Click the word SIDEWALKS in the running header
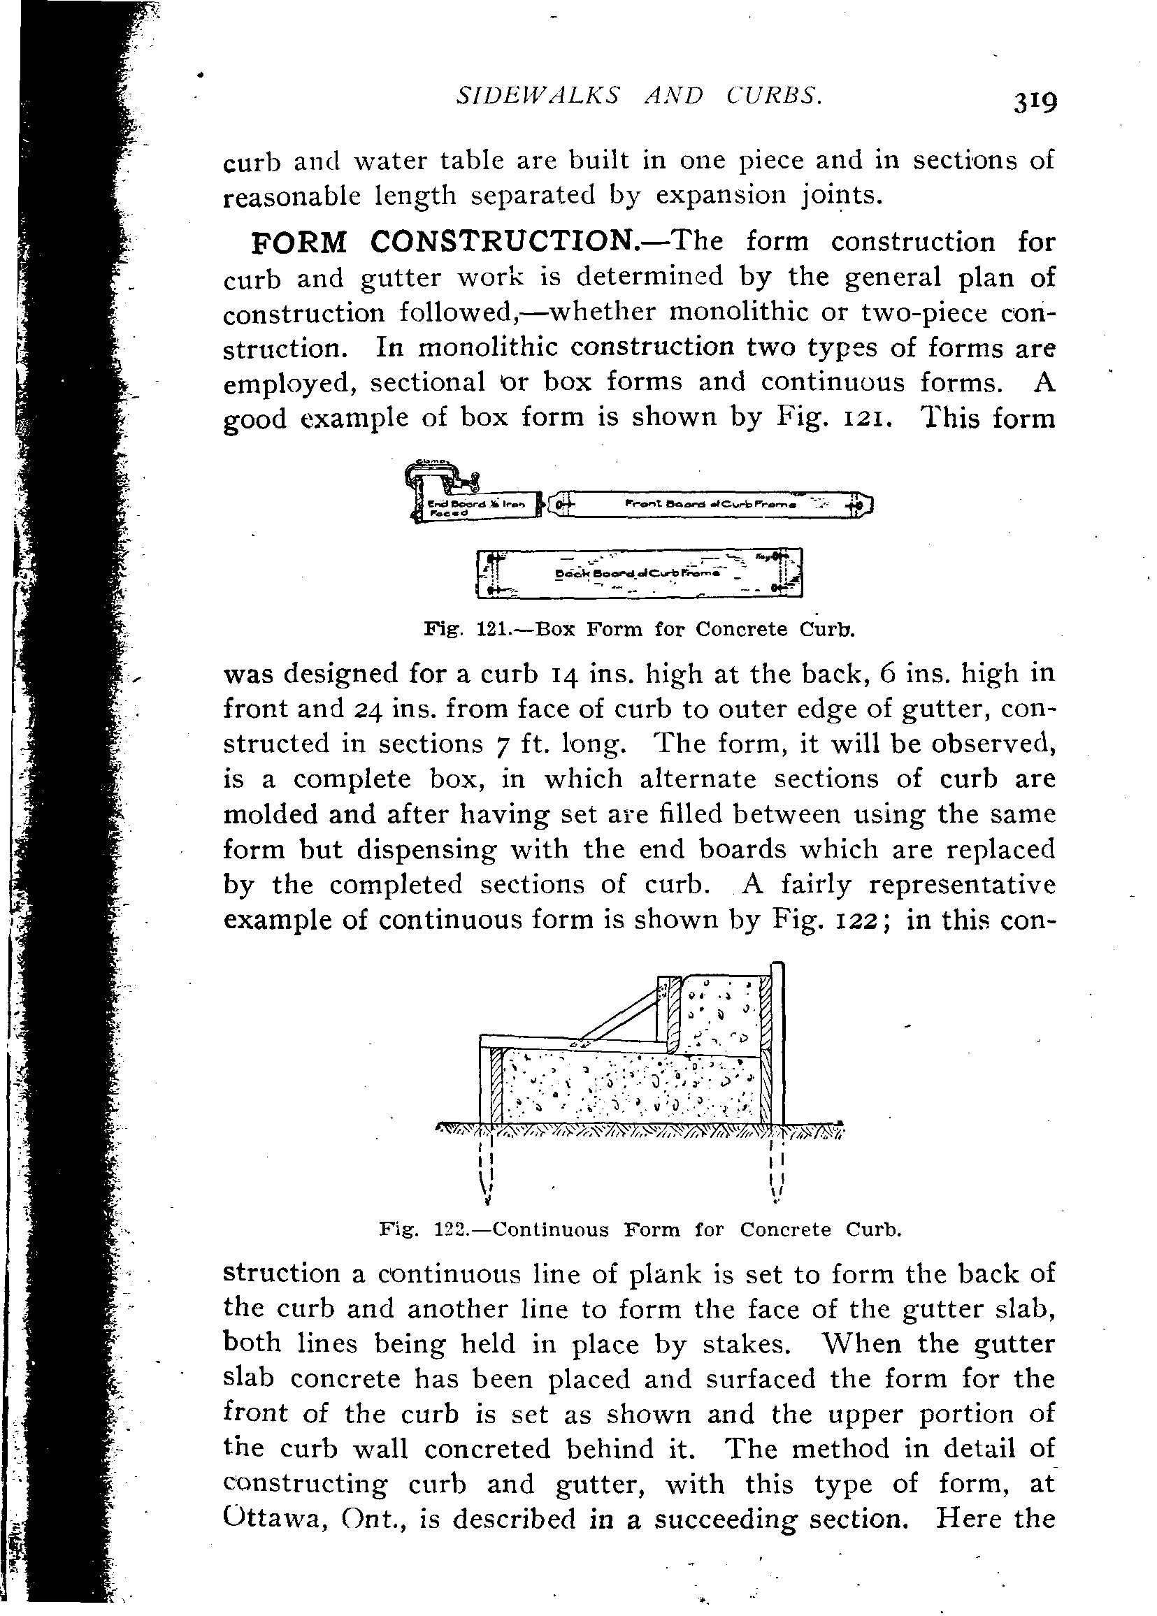coord(537,95)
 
